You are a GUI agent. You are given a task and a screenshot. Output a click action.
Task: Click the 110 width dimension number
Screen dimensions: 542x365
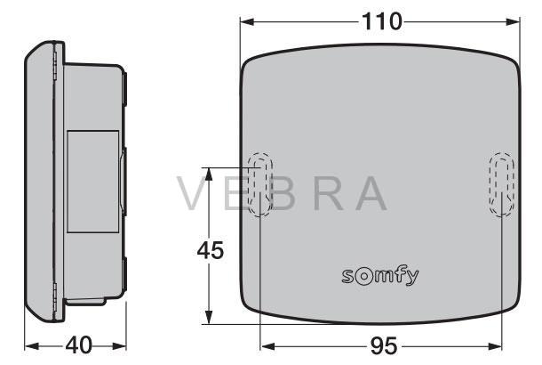pos(381,21)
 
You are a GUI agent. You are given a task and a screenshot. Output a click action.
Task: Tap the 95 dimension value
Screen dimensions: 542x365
pos(384,346)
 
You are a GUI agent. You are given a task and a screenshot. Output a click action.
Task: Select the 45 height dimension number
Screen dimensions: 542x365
pos(211,250)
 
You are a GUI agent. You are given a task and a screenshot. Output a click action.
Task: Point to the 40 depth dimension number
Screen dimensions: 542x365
pos(79,345)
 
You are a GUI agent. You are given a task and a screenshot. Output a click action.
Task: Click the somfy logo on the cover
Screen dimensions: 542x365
pos(380,276)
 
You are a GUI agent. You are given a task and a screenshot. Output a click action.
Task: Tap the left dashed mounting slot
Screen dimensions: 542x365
pos(260,184)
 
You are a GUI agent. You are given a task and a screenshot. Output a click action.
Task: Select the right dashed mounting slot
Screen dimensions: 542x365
pos(501,184)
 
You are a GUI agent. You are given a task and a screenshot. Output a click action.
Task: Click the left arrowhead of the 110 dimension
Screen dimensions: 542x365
pos(247,22)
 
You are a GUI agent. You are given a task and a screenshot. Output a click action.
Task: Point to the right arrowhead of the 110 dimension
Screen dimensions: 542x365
pos(513,22)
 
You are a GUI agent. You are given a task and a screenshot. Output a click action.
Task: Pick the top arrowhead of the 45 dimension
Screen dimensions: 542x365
pos(208,174)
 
